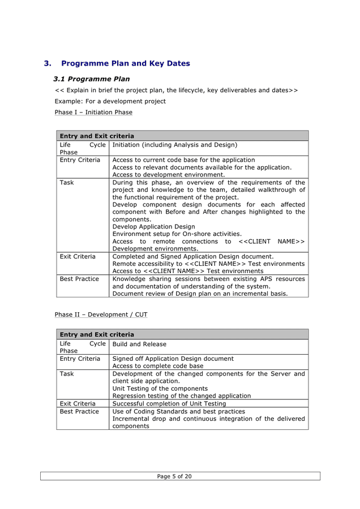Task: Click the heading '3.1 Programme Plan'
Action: (91, 79)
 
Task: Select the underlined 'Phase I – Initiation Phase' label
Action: (93, 113)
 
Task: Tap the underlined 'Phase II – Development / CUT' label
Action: (101, 314)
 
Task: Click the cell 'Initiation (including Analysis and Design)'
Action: (174, 145)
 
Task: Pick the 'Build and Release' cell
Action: (139, 344)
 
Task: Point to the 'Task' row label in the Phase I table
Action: (67, 183)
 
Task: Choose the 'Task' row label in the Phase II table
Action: (67, 374)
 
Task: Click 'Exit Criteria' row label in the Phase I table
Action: (78, 256)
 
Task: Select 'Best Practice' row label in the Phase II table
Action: (79, 411)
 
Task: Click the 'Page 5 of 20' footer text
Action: (174, 476)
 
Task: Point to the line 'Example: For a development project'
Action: (110, 101)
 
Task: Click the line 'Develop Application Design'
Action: (153, 227)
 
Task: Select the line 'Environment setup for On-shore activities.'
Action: (177, 234)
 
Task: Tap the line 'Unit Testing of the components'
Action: (160, 389)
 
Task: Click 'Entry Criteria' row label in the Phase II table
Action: (80, 359)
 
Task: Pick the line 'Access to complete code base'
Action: (158, 366)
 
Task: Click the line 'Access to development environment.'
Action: (169, 175)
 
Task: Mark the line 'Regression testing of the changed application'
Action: (182, 396)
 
